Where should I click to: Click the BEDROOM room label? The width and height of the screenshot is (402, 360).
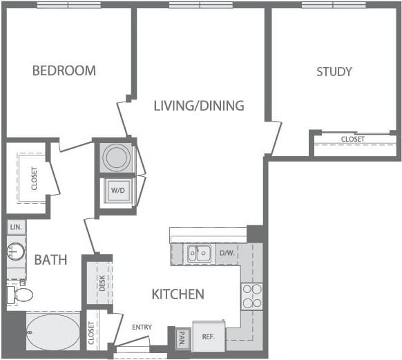tap(64, 70)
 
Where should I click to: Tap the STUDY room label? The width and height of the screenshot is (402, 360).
tap(334, 71)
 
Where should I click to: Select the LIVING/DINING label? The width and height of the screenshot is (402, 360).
tap(198, 106)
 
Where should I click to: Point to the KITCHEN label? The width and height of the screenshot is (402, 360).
tap(178, 294)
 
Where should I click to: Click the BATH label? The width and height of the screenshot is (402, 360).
tap(51, 260)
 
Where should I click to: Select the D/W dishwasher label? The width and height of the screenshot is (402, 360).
tap(227, 253)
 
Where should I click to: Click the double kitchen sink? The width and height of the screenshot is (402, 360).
tap(199, 254)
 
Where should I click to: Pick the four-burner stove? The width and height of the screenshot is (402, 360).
tap(251, 296)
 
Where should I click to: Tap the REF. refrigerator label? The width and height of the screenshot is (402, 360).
tap(208, 338)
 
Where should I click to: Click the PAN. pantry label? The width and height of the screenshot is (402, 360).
tap(182, 339)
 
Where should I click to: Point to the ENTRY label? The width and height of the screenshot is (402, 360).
tap(142, 328)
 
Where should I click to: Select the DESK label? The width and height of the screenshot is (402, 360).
tap(102, 283)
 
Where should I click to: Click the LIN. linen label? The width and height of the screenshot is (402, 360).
tap(15, 227)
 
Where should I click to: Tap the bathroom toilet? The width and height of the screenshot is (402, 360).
tap(20, 295)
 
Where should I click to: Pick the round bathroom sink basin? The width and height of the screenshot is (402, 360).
tap(16, 252)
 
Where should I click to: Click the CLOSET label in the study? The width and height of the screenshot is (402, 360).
tap(352, 140)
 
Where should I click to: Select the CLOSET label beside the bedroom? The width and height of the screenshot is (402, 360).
tap(34, 178)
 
